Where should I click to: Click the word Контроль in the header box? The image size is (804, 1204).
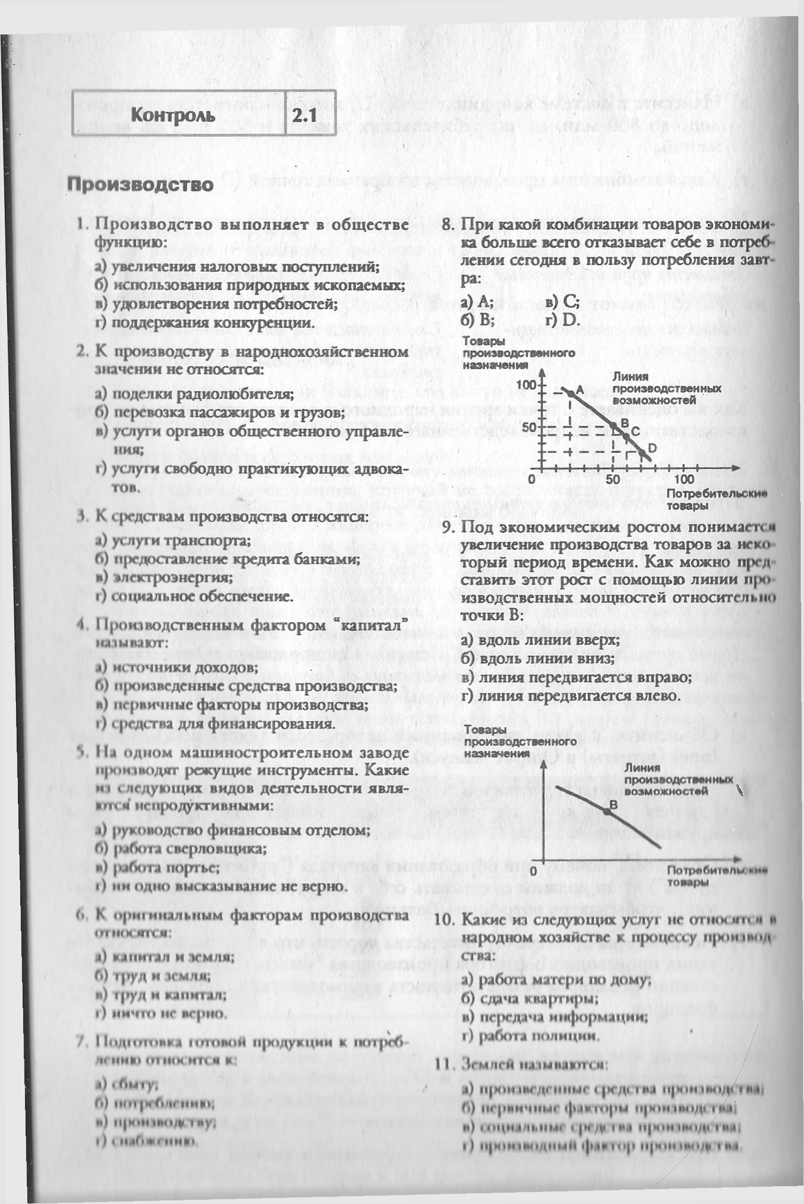173,115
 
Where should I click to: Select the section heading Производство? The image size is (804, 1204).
140,184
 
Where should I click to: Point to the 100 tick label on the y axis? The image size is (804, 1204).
527,385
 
